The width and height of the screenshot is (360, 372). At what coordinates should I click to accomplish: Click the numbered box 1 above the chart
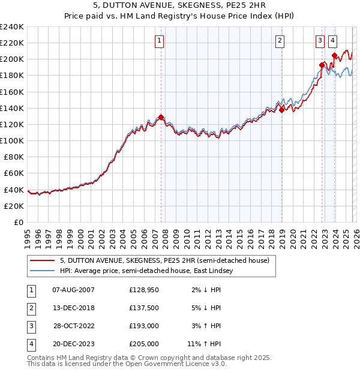coord(160,41)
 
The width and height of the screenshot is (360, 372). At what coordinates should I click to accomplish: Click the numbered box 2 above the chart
coord(280,41)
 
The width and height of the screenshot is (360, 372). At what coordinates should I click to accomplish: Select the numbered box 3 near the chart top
coord(320,41)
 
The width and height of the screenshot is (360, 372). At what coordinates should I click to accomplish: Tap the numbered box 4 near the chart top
coord(332,41)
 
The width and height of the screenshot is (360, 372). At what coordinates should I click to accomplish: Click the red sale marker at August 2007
coord(161,117)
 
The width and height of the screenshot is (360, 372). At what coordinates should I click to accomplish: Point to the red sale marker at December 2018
coord(281,110)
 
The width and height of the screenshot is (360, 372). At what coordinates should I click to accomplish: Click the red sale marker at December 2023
coord(334,55)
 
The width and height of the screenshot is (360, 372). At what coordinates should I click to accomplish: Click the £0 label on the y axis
coord(18,222)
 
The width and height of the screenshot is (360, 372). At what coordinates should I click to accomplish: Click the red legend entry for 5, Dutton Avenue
coord(168,260)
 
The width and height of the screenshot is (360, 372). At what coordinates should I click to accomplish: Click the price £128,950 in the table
coord(144,290)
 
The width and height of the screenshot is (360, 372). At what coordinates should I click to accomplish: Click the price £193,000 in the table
coord(144,326)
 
